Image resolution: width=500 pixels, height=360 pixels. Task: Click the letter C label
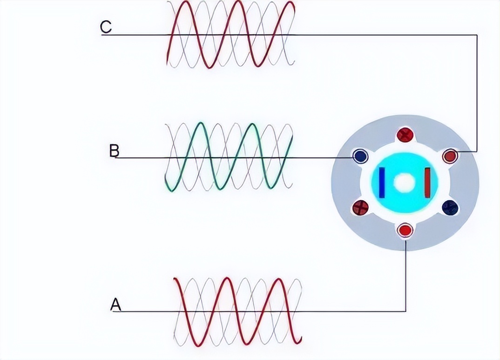(106, 27)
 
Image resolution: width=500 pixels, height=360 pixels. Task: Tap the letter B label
(114, 151)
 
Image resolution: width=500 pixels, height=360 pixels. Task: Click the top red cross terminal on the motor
(405, 135)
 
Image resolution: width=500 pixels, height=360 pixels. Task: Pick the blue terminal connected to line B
(359, 156)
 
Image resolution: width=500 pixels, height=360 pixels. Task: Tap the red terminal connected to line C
(450, 156)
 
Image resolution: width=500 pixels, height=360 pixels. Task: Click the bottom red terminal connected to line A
(405, 230)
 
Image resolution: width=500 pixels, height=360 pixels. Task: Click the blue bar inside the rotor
(382, 182)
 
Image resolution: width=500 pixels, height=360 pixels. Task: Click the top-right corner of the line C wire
(477, 35)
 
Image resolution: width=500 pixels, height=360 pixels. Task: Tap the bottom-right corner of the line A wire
(405, 311)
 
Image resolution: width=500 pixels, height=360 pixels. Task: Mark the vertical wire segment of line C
(477, 93)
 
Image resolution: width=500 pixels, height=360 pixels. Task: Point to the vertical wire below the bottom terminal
(405, 274)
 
